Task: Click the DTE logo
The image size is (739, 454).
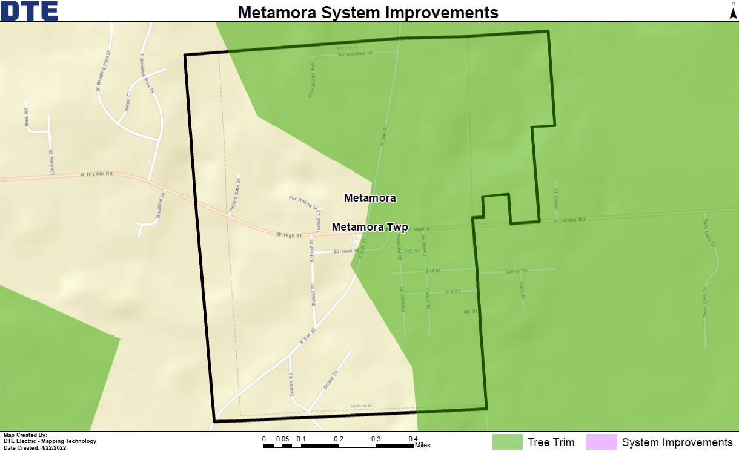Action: (30, 11)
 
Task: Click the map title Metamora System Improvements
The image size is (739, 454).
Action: (368, 12)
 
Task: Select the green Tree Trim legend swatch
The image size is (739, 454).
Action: (507, 442)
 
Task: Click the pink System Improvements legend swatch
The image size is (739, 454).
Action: (601, 442)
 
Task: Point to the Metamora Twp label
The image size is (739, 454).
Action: (370, 228)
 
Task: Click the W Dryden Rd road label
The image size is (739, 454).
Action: (97, 174)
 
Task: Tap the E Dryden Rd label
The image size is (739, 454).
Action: (570, 220)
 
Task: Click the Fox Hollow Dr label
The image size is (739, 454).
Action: (303, 202)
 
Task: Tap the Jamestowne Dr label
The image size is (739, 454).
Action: (355, 54)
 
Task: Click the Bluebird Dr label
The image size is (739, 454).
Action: (161, 205)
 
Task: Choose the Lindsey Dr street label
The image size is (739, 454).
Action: (52, 162)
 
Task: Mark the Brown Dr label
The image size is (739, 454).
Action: (330, 380)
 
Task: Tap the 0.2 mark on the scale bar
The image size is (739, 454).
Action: (339, 439)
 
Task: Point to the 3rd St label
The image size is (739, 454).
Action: (452, 292)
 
